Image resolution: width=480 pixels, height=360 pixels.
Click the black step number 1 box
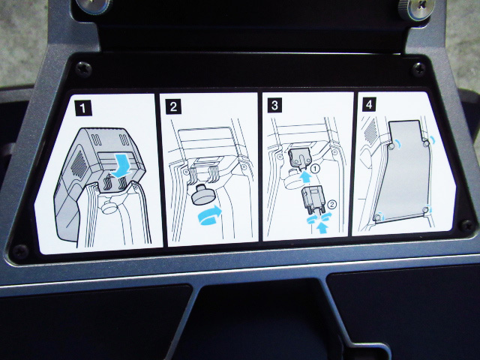point(83,108)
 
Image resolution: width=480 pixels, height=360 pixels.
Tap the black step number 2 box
point(173,106)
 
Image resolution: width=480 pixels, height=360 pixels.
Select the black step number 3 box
point(274,105)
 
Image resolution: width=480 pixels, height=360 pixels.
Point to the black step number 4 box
point(369,104)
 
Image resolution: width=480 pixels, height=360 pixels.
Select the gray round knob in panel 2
point(202,195)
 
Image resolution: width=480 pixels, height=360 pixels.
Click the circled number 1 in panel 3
point(315,168)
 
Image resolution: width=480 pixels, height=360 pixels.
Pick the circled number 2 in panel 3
point(331,204)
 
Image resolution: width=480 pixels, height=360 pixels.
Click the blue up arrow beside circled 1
point(304,178)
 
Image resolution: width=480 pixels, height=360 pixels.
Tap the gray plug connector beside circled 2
point(313,199)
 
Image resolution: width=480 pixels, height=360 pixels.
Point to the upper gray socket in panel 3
point(300,157)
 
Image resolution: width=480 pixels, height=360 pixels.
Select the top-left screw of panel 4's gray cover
point(391,147)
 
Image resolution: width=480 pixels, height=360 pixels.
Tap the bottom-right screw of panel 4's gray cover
point(425,209)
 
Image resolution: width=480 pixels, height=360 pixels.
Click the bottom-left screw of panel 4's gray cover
point(378,217)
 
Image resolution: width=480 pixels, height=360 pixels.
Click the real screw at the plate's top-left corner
point(84,69)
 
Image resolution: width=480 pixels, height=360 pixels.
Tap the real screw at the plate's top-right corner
point(418,69)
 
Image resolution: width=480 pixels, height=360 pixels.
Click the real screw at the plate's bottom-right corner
point(467,226)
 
